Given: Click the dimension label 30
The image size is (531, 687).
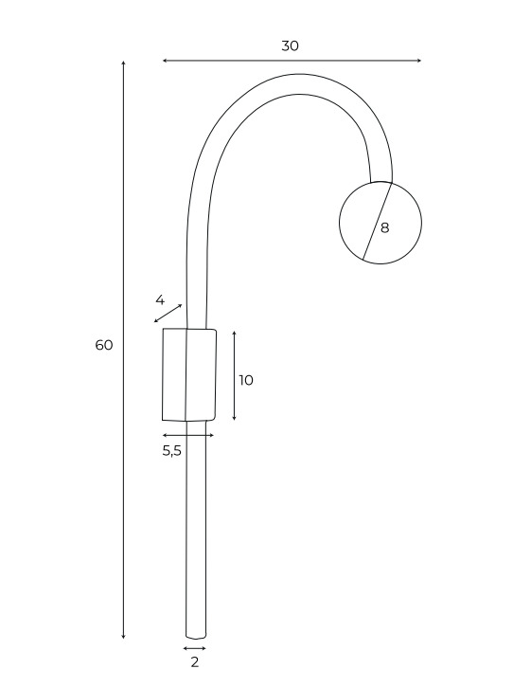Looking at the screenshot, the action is (290, 45).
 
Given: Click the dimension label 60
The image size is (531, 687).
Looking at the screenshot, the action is (104, 345).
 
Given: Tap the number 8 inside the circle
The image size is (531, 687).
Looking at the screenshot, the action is (384, 227).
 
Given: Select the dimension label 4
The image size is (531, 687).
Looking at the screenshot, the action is (160, 300).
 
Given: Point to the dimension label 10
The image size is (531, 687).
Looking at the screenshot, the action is (246, 380).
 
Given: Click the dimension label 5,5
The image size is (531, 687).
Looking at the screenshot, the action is (171, 450).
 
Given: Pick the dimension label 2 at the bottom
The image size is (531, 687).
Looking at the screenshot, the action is (195, 662).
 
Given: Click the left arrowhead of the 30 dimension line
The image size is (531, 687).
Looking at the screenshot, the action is (165, 61).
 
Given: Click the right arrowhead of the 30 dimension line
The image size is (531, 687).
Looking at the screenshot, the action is (419, 61).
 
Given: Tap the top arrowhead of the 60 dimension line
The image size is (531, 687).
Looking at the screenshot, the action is (123, 63).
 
